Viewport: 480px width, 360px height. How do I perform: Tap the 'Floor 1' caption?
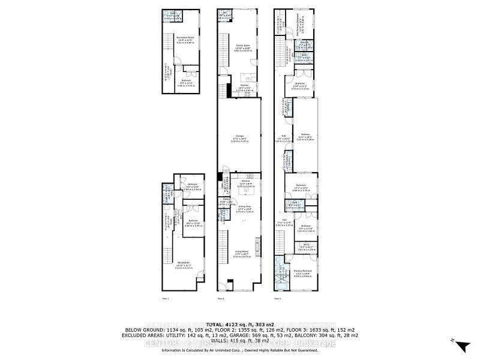[166, 298]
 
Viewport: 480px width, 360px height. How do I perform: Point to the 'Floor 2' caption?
[221, 298]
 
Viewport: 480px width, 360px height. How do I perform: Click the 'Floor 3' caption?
[278, 298]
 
